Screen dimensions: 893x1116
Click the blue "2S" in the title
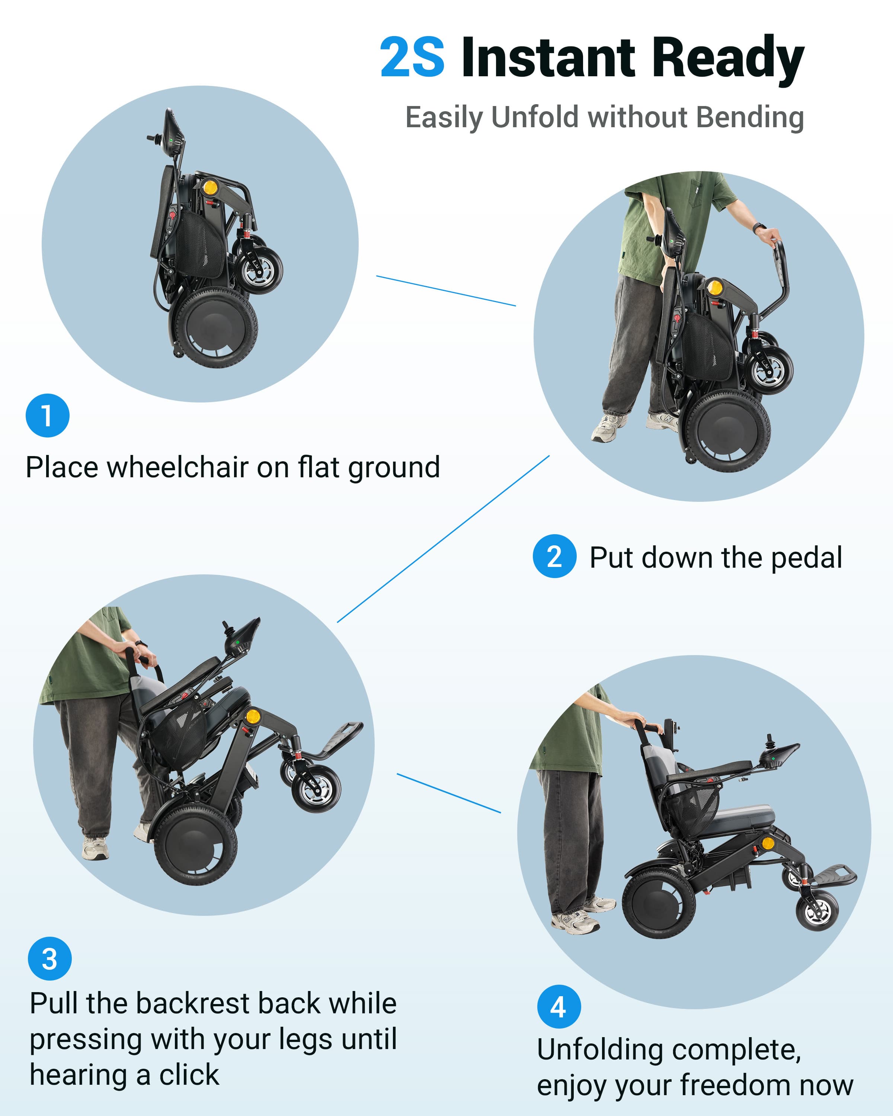pos(412,57)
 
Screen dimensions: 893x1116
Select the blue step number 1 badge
pos(48,416)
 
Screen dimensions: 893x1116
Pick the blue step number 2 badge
pos(554,557)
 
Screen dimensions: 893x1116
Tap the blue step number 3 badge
pos(50,959)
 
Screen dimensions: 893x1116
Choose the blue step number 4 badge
pos(559,1007)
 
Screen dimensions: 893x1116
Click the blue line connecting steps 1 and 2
pos(446,291)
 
